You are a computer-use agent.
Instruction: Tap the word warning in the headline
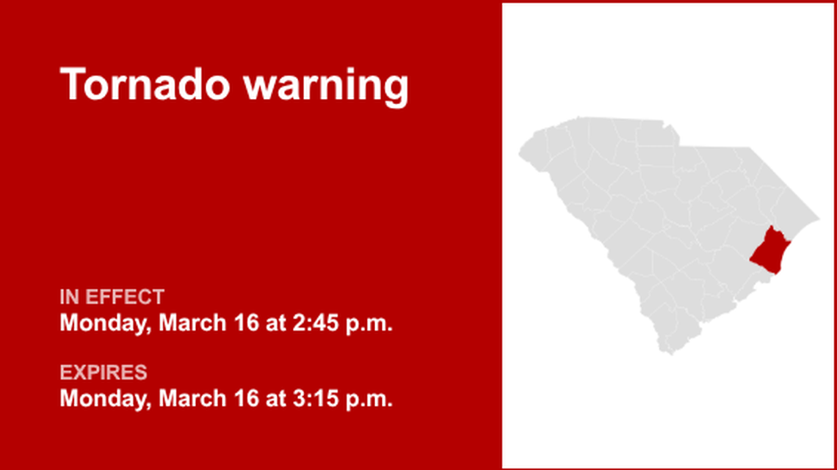[326, 85]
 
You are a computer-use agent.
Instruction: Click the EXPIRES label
[104, 372]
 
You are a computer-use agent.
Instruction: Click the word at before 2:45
[276, 323]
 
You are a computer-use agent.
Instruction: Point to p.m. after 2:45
[369, 323]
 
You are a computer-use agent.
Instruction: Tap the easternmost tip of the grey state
[819, 218]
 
